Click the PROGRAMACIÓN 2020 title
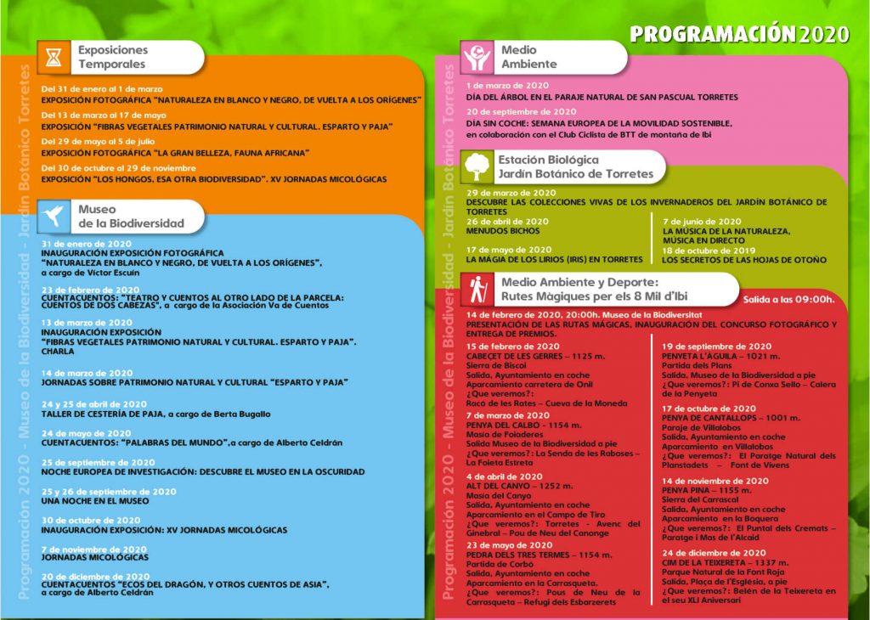coord(739,34)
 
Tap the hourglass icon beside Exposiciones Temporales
coord(54,58)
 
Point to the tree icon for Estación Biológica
coord(477,166)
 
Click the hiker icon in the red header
coord(478,290)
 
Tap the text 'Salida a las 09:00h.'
coord(788,299)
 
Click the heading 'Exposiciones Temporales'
coord(113,57)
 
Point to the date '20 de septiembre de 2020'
coord(521,112)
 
